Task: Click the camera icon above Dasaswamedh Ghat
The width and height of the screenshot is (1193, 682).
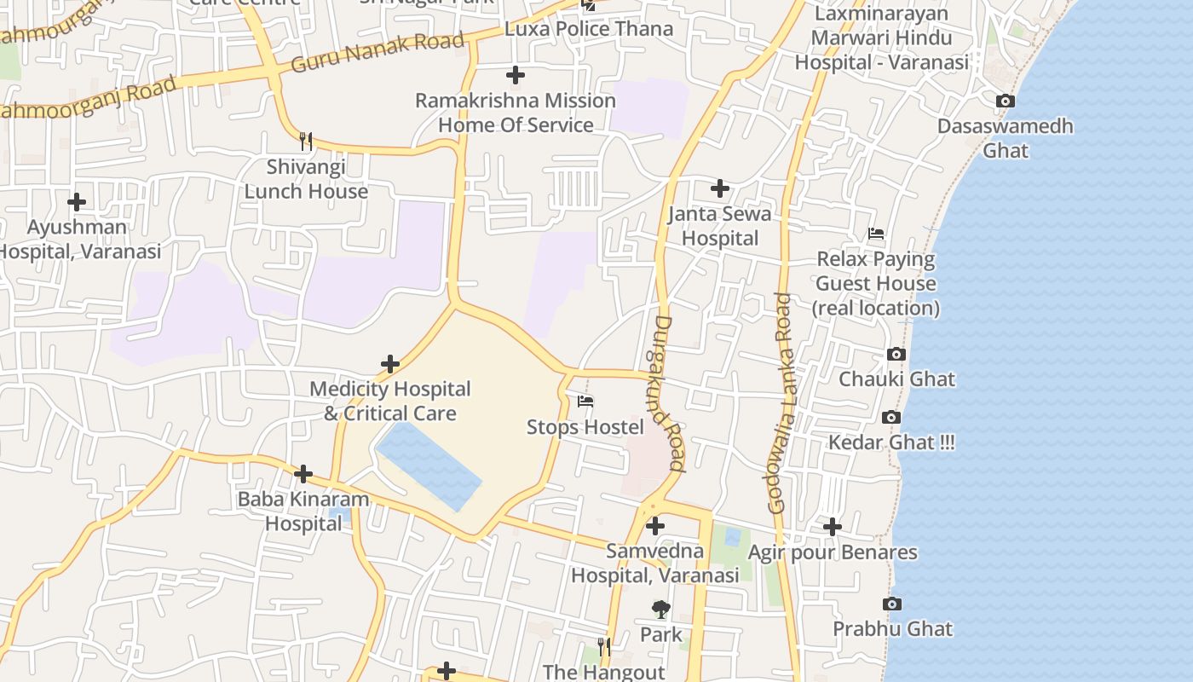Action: tap(1005, 101)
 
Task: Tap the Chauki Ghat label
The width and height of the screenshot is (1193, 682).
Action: tap(896, 379)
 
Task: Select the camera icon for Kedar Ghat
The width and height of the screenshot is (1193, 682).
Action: tap(891, 417)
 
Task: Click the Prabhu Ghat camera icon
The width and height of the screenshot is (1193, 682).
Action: tap(892, 604)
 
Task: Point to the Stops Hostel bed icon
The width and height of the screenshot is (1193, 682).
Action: tap(585, 402)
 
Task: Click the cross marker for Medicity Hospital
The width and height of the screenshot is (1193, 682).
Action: tap(390, 364)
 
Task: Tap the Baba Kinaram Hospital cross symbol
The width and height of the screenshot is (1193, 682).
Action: tap(303, 474)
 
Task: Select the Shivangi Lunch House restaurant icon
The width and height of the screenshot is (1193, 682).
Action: tap(306, 141)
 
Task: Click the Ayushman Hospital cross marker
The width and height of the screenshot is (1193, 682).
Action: tap(77, 202)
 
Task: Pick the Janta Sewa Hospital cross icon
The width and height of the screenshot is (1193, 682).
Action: tap(720, 188)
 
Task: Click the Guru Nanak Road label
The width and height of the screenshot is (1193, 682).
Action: tap(377, 52)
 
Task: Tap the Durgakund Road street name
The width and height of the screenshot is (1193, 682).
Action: tap(670, 394)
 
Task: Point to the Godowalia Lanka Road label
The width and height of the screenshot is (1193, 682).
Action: tap(781, 403)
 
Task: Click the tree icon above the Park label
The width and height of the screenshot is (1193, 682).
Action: tap(660, 609)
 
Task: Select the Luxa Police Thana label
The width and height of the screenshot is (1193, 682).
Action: tap(589, 29)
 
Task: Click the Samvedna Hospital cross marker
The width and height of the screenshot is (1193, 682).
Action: tap(654, 526)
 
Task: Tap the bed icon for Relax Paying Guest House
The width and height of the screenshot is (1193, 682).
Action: tap(875, 234)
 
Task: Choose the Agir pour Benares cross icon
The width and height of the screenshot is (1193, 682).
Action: tap(832, 528)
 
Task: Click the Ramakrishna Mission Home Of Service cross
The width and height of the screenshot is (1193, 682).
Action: tap(516, 76)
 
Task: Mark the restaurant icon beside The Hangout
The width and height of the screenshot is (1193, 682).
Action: tap(603, 647)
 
